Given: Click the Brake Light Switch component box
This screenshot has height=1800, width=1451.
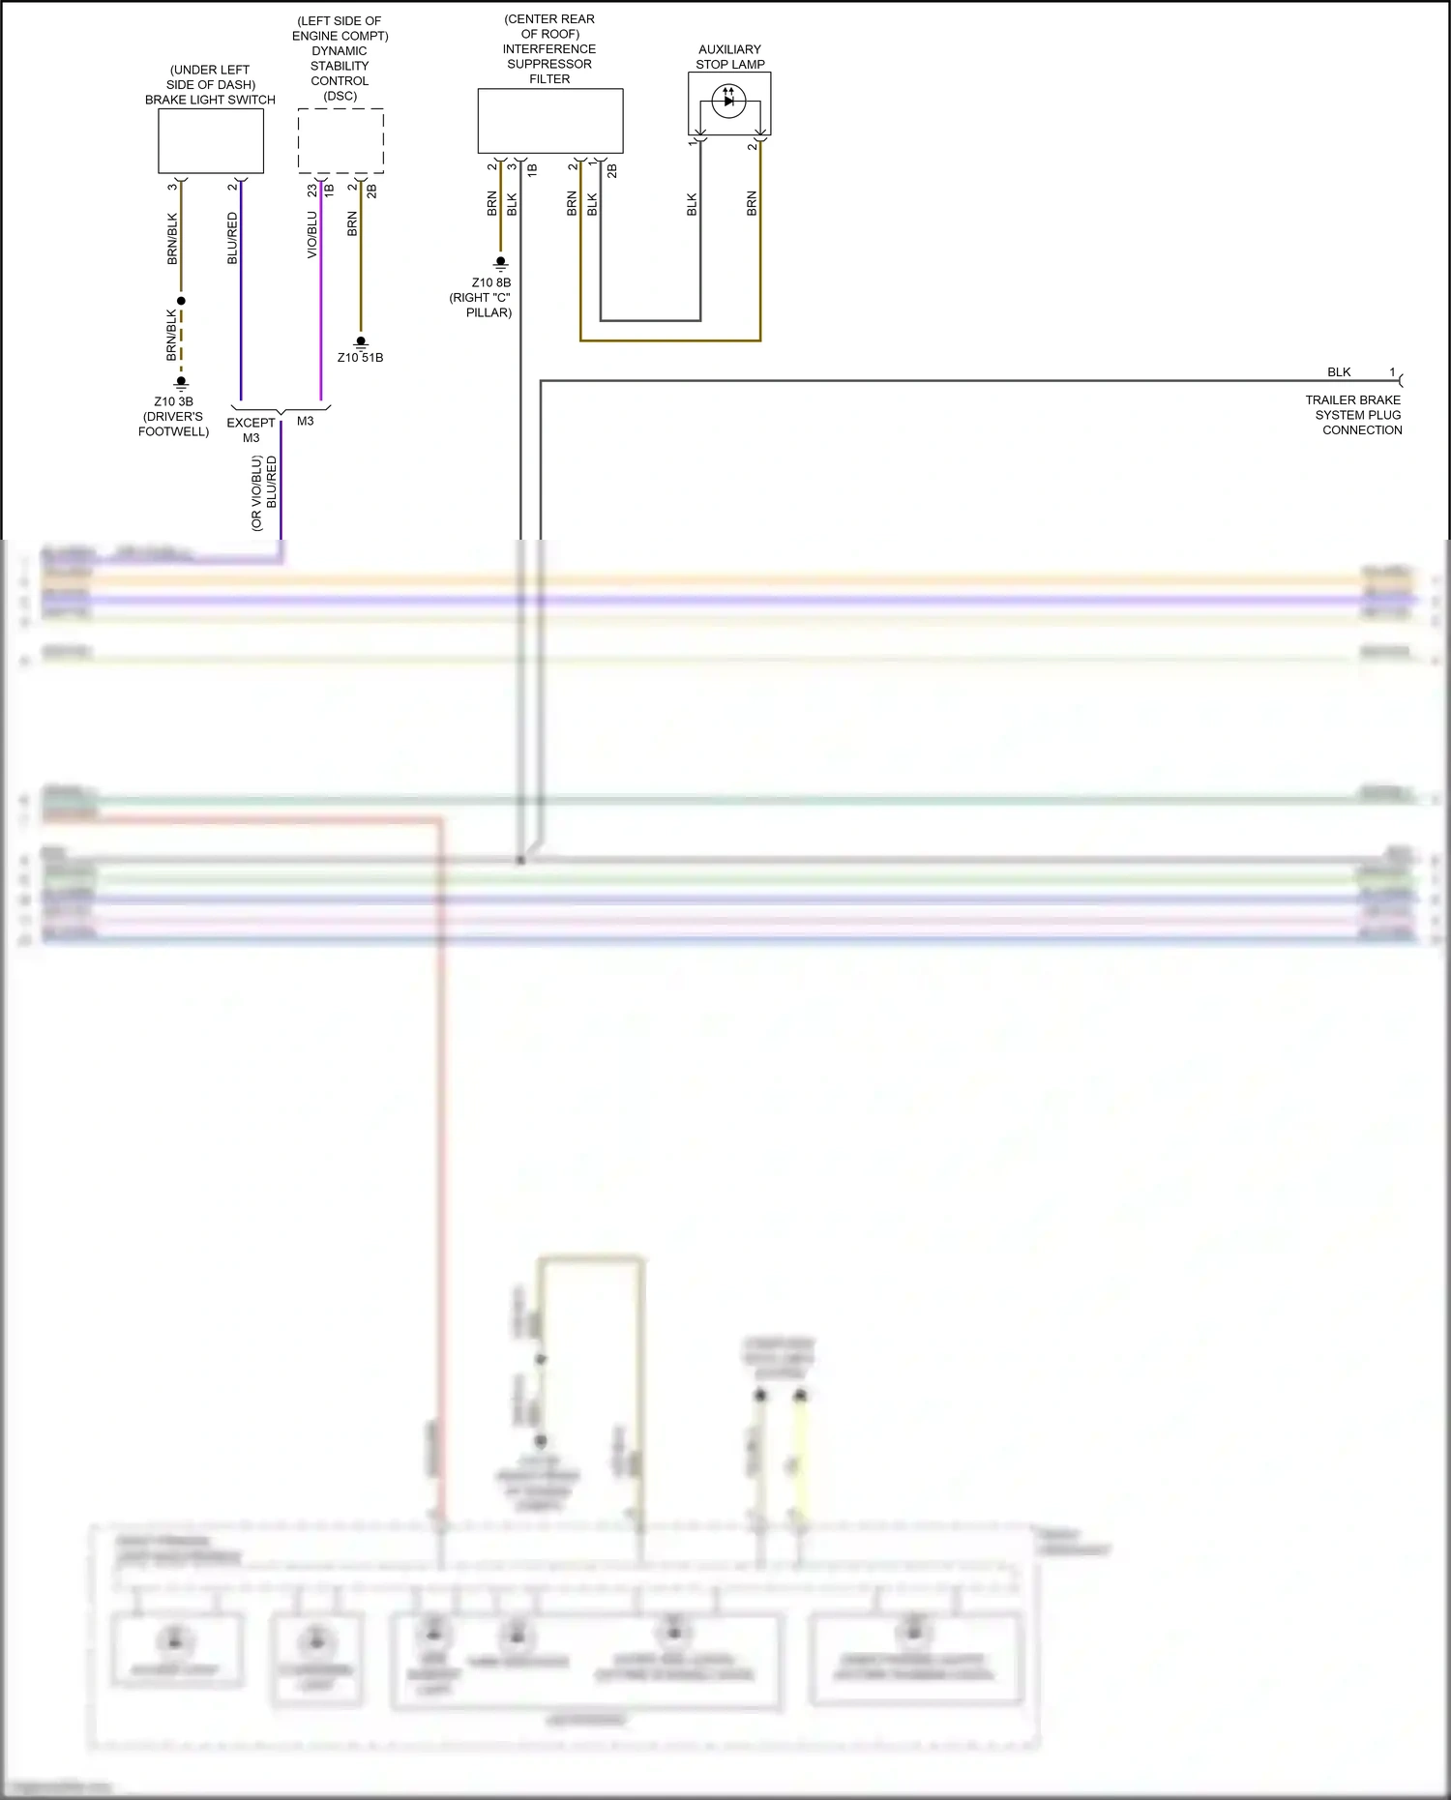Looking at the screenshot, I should coord(211,140).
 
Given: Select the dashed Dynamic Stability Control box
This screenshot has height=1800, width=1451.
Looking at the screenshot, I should coord(341,140).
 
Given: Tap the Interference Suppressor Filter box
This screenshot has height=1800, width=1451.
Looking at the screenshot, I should coord(549,121).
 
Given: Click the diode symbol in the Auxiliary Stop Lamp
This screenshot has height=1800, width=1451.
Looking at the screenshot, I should coord(728,101).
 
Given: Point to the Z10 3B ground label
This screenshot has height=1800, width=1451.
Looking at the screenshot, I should coord(173,401).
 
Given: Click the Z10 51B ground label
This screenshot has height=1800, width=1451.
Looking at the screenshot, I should coord(360,358).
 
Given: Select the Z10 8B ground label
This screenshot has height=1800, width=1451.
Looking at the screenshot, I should coord(491,282).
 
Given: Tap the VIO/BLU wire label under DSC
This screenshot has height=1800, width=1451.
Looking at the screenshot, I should coord(312,235).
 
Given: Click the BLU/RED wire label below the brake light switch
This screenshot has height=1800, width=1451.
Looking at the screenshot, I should coord(232,238).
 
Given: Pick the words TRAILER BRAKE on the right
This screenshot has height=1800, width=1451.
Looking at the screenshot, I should coord(1352,399).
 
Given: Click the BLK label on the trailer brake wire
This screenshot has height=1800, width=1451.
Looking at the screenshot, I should coord(1339,372).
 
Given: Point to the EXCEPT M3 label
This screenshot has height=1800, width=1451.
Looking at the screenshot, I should coord(251,429).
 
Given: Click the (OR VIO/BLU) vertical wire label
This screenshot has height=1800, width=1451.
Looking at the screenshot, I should coord(256,493).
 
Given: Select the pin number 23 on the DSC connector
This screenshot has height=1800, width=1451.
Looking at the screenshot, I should coord(312,191).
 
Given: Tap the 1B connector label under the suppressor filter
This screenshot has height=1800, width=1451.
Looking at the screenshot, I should coord(532,169).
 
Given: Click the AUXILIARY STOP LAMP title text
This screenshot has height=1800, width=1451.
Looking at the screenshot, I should coord(729,57).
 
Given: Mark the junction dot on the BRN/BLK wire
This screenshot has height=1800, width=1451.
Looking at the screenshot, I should coord(181,301).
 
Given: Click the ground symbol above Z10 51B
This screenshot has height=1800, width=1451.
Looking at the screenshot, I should coord(361,341).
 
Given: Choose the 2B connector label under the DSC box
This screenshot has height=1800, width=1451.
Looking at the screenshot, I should coord(372,191).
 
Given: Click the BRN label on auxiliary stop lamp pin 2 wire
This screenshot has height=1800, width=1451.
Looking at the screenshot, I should coord(752,203).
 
